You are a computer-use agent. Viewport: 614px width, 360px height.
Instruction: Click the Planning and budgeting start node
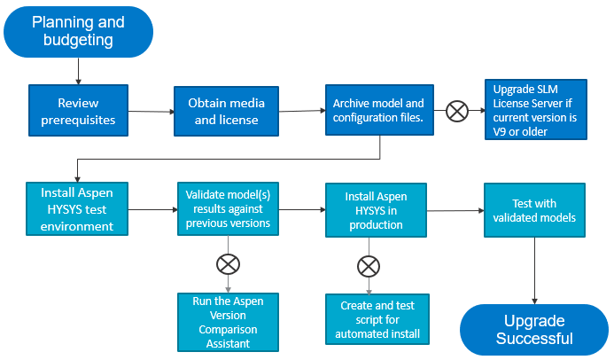coord(78,31)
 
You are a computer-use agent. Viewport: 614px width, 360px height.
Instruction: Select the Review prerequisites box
coord(79,111)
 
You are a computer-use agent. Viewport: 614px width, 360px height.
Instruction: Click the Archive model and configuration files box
coord(378,111)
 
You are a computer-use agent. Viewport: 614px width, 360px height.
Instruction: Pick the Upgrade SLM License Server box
coord(535,110)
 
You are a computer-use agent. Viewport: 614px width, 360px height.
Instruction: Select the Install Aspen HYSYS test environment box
coord(76,208)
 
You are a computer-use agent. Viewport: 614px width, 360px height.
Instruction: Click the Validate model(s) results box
coord(228,208)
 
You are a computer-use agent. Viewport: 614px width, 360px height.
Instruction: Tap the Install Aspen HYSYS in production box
coord(376,210)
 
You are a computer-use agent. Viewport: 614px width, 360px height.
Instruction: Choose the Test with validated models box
coord(534,211)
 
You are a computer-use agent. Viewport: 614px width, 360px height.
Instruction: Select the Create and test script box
coord(377,319)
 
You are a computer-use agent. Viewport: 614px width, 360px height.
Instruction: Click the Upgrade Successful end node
coord(533,329)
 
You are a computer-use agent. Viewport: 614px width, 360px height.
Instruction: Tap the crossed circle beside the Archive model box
coord(457,111)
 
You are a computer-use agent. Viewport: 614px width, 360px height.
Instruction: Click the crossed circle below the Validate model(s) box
coord(229,263)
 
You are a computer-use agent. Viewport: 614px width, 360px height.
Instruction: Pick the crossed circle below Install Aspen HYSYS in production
coord(369,265)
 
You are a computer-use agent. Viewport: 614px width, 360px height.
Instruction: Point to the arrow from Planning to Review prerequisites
coord(79,71)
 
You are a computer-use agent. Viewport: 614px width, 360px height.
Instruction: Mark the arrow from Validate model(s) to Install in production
coord(301,210)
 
